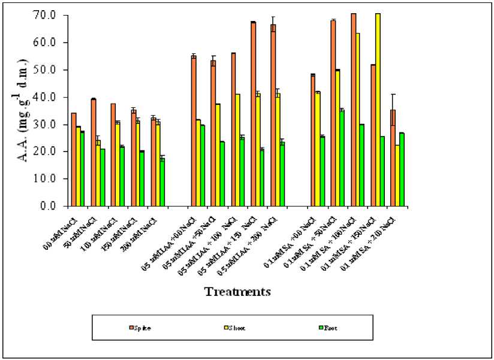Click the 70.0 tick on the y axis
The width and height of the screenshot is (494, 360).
[49, 14]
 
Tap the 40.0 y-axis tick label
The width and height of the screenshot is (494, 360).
[49, 97]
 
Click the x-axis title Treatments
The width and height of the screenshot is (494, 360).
[237, 292]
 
